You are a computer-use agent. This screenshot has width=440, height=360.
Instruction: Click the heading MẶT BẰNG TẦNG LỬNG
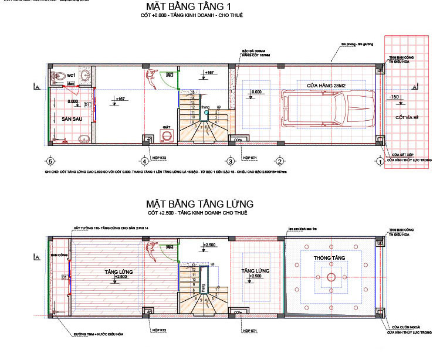[200, 203]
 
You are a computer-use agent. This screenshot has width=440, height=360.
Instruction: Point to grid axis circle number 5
[50, 161]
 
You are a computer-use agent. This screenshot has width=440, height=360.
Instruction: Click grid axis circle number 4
[144, 161]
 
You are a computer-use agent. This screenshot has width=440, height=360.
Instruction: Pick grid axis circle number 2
[280, 161]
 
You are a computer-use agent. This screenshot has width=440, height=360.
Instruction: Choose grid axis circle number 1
[380, 161]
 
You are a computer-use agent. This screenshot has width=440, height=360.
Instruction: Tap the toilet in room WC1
[59, 77]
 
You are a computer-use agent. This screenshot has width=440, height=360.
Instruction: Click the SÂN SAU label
[71, 118]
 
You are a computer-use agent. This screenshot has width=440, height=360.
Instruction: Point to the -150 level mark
[394, 97]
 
